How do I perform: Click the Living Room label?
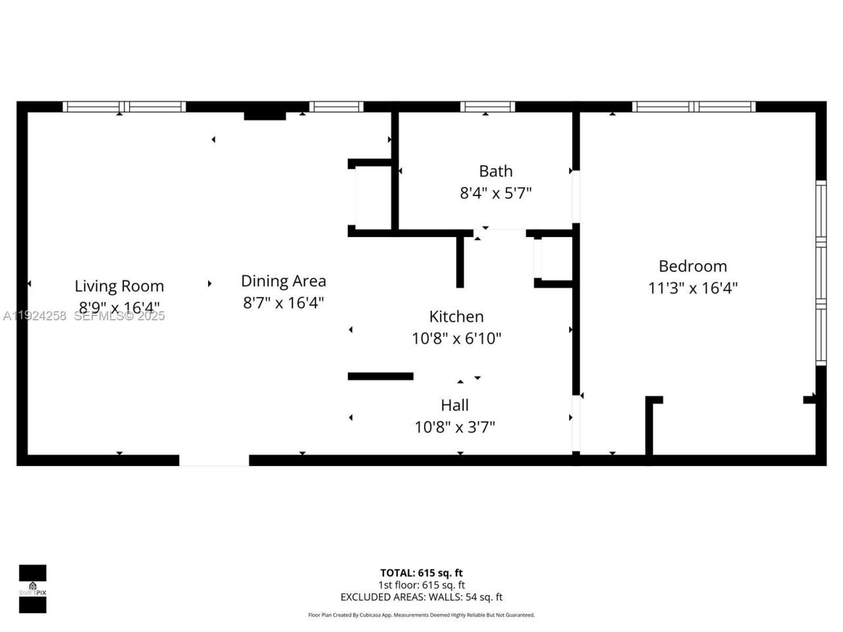(x=119, y=286)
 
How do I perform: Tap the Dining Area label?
(x=283, y=281)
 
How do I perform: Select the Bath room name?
(x=495, y=171)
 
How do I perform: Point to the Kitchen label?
(x=456, y=317)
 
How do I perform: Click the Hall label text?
(x=454, y=406)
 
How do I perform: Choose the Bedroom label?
(x=693, y=266)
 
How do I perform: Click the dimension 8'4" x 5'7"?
(x=495, y=194)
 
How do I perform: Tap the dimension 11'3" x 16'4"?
(x=693, y=288)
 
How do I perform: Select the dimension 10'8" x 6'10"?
(x=456, y=339)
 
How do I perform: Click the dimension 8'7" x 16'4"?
(x=283, y=303)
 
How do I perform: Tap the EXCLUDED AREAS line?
(x=421, y=597)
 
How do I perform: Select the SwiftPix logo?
(x=32, y=589)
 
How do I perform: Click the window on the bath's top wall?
(x=487, y=107)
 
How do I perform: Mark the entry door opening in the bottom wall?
(x=214, y=460)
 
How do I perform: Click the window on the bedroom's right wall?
(x=821, y=273)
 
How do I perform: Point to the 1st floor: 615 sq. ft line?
(x=421, y=585)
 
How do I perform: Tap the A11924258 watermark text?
(x=35, y=316)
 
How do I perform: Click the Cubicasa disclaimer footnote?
(x=421, y=615)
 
